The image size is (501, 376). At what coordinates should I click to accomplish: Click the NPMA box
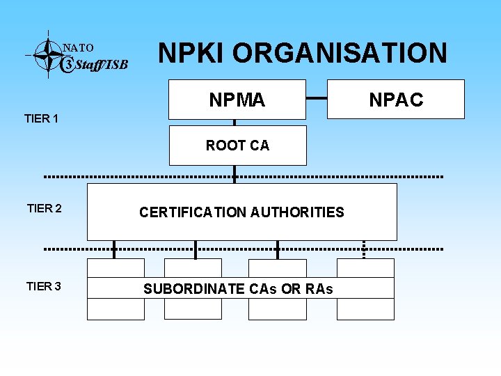(x=237, y=100)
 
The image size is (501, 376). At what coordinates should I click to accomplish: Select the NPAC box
(x=396, y=100)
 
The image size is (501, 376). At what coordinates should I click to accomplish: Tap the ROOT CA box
(x=237, y=146)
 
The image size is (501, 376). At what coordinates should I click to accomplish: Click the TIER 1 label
(x=41, y=118)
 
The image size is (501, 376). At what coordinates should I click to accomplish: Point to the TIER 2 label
(x=44, y=208)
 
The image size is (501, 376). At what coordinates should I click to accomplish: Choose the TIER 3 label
(x=44, y=286)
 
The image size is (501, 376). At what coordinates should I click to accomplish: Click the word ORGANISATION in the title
(x=340, y=53)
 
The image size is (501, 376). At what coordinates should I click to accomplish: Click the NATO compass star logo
(x=47, y=54)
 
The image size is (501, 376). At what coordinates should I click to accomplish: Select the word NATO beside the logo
(x=78, y=48)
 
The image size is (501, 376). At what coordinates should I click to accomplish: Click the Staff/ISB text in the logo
(x=101, y=65)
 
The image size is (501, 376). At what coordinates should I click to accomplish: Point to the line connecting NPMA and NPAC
(x=326, y=99)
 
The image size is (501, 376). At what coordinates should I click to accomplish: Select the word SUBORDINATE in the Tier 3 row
(x=194, y=289)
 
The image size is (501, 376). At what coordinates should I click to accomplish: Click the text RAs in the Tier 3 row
(x=319, y=289)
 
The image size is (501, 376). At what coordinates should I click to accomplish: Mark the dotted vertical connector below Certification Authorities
(x=364, y=249)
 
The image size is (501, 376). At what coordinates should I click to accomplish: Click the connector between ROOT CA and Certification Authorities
(x=234, y=174)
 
